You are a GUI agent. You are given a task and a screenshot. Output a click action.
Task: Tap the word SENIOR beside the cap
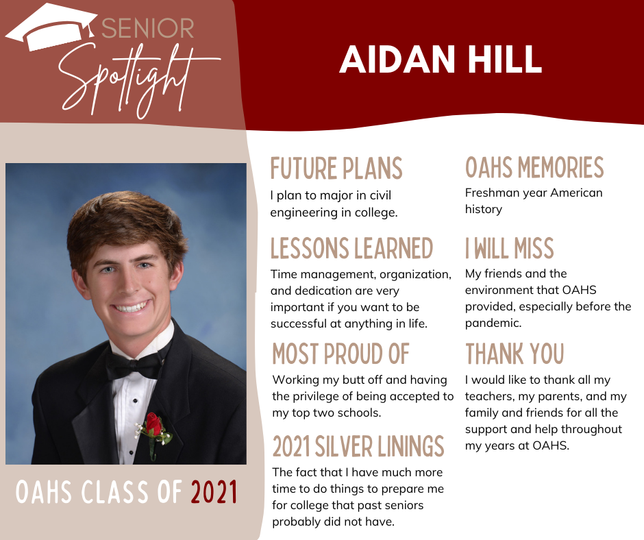(148, 28)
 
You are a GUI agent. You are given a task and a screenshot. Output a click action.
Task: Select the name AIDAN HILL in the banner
(441, 59)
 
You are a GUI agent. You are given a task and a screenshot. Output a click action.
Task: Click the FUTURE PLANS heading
(336, 168)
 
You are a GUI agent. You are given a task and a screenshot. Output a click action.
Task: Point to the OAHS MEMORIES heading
(534, 167)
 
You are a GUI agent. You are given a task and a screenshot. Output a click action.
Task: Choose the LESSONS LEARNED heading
(351, 248)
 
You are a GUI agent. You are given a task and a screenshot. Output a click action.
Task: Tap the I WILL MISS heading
(509, 248)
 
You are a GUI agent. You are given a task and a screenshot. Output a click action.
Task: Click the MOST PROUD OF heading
(341, 354)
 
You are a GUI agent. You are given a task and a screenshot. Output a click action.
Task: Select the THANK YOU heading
(515, 354)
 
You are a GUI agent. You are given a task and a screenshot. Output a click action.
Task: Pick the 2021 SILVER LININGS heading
(358, 446)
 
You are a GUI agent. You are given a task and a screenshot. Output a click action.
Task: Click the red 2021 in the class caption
(214, 492)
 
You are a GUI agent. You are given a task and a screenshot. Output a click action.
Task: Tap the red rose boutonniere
(154, 432)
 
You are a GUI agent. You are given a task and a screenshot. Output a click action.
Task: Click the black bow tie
(134, 364)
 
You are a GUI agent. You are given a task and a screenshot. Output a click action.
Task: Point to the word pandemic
(493, 323)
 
